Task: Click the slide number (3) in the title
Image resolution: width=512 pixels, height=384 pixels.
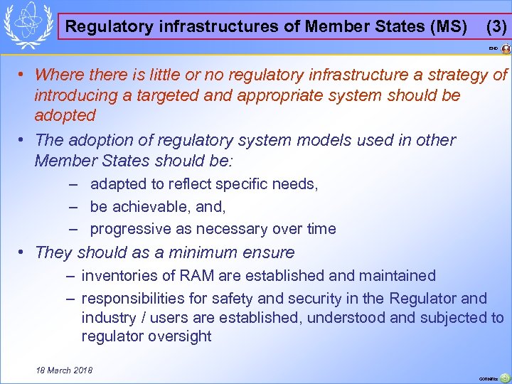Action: click(x=496, y=27)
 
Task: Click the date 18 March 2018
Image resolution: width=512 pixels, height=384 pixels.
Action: click(x=64, y=370)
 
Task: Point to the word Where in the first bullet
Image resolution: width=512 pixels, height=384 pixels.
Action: click(x=56, y=74)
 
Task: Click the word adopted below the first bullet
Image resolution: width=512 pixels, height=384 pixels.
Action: click(x=65, y=115)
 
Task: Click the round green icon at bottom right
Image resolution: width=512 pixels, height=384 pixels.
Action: click(x=504, y=378)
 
